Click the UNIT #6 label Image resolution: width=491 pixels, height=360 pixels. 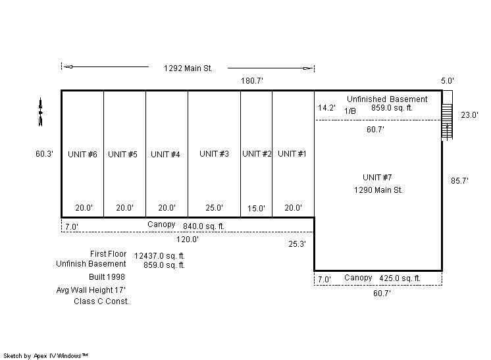[x=82, y=154]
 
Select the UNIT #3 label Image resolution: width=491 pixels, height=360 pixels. [x=214, y=154]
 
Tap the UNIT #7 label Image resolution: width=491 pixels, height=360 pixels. [x=377, y=178]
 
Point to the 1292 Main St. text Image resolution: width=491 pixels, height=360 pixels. [x=188, y=68]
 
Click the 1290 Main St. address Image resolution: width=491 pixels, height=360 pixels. [x=378, y=190]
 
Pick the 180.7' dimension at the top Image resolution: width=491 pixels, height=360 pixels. [x=252, y=81]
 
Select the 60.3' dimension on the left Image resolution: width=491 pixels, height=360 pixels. [x=44, y=154]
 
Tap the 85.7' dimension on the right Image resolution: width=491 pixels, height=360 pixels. [x=459, y=180]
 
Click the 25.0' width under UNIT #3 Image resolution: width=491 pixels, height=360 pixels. [x=214, y=207]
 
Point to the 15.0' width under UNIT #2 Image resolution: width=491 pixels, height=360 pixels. [x=256, y=208]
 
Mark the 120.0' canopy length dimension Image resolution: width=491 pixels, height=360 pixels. [x=188, y=240]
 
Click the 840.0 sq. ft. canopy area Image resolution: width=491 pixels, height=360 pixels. [x=203, y=226]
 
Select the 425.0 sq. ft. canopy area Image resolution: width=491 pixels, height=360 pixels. [x=400, y=278]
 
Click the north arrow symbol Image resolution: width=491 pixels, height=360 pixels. [x=40, y=112]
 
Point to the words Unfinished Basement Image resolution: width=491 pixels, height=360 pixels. [x=387, y=99]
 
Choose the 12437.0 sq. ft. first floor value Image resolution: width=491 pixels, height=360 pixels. [x=159, y=256]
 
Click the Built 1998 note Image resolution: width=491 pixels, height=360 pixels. [x=107, y=276]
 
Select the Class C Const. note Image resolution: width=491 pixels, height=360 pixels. [x=101, y=301]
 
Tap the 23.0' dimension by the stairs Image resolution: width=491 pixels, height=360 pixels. [x=469, y=115]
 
